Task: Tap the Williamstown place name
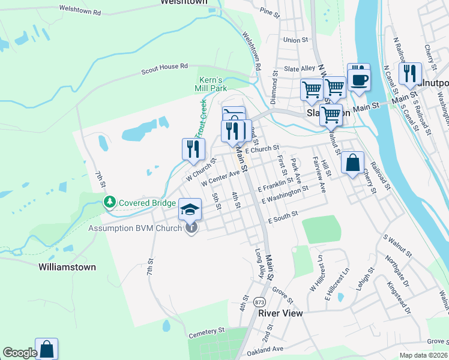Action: tap(67, 266)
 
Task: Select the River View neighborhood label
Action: tap(280, 313)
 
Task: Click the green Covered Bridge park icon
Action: tap(110, 203)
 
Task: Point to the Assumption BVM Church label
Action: tap(134, 228)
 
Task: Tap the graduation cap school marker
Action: tap(190, 209)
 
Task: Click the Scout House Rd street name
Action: tap(164, 69)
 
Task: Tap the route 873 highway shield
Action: tap(259, 302)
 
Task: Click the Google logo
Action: tap(19, 353)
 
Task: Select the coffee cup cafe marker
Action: tap(359, 79)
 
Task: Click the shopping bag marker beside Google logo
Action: tap(46, 349)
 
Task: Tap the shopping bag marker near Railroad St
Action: tap(353, 162)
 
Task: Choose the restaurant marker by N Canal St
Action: tap(410, 74)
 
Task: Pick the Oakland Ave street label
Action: tap(268, 350)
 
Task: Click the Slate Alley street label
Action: tap(300, 69)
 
